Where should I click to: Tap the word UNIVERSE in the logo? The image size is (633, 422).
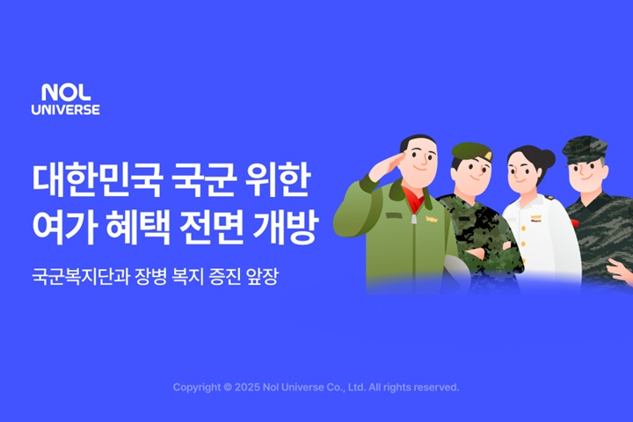[x=66, y=110]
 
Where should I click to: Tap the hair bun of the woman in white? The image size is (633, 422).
[x=548, y=159]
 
